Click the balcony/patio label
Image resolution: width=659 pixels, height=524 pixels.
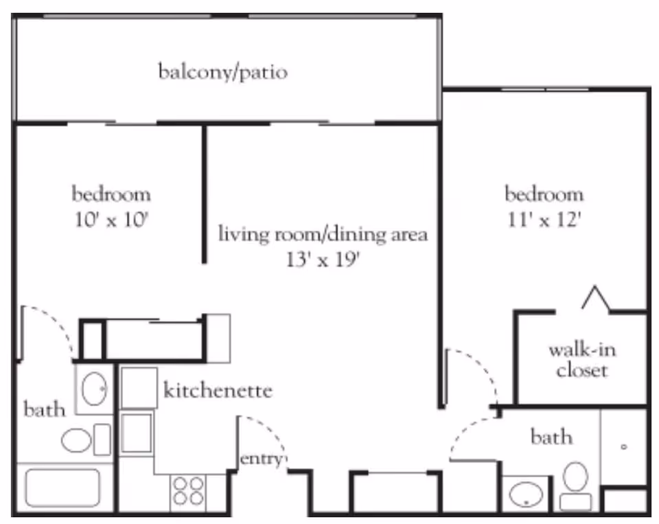(x=222, y=71)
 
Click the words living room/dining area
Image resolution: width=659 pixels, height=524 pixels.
(x=323, y=234)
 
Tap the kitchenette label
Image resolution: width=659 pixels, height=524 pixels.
(x=218, y=391)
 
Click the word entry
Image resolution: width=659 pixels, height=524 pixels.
(x=260, y=459)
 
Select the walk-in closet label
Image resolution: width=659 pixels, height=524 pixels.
(x=581, y=360)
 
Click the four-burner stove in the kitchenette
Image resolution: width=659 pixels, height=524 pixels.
(x=188, y=491)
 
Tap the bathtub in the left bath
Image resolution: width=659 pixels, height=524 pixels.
(x=63, y=488)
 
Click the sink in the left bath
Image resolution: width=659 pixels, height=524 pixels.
(x=93, y=389)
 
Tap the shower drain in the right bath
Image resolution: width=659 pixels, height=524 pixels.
(x=624, y=447)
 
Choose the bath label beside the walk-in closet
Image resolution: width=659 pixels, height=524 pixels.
(x=551, y=437)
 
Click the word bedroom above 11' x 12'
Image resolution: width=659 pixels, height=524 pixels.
(x=544, y=194)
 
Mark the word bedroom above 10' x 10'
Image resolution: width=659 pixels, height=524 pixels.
(x=111, y=194)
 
